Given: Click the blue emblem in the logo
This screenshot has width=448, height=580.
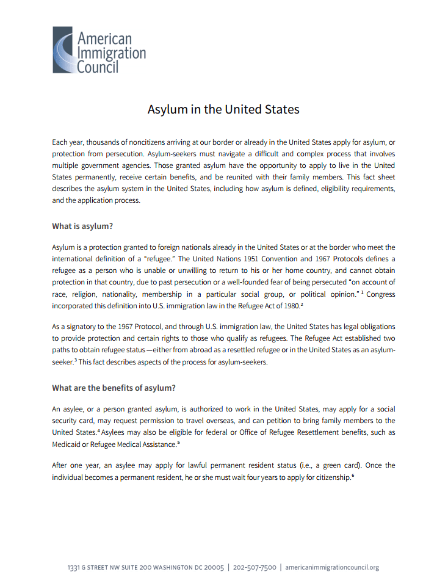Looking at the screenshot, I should click(63, 50).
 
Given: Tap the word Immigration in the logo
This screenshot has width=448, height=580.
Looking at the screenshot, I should click(111, 52).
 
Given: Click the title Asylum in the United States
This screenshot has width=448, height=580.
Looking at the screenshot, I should click(223, 109).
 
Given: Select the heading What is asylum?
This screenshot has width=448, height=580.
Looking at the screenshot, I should click(82, 227).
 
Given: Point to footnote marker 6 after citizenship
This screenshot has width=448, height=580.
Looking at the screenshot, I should click(353, 476).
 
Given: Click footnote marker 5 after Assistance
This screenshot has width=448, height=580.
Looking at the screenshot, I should click(178, 443).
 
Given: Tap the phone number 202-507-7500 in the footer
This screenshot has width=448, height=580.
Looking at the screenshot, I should click(255, 567).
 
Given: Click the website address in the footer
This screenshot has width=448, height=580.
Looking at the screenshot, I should click(332, 567).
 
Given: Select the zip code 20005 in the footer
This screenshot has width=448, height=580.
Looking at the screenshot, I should click(214, 567).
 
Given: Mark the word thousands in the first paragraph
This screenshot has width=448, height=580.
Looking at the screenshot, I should click(104, 142).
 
